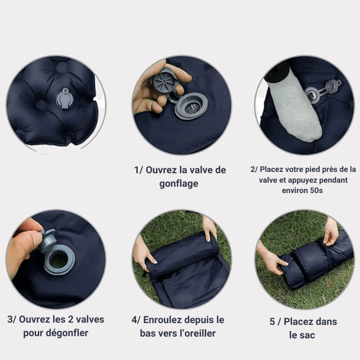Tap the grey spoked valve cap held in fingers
[164, 81]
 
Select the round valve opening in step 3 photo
[59, 260]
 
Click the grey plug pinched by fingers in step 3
[48, 240]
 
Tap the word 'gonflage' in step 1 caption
[179, 184]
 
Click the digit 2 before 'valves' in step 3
[71, 319]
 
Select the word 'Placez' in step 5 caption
[298, 322]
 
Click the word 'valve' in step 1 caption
[201, 170]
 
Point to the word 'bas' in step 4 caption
[147, 333]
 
